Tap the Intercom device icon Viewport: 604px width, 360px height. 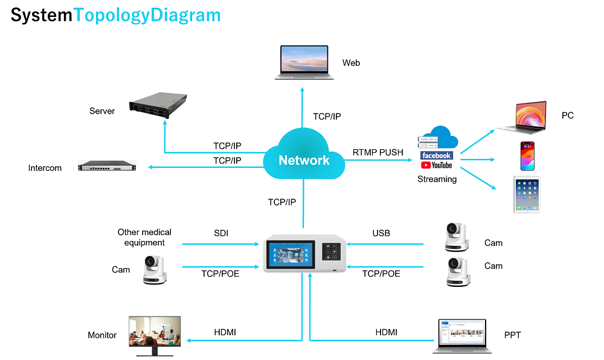107,166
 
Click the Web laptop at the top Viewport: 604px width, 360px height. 304,62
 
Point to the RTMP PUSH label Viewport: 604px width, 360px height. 377,153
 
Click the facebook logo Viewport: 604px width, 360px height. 436,156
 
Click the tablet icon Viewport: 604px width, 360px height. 527,194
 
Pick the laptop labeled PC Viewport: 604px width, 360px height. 522,117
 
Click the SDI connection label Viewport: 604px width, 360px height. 222,233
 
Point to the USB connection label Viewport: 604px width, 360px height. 381,233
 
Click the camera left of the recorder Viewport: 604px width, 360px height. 155,269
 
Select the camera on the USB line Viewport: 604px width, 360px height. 457,237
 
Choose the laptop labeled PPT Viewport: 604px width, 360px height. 460,336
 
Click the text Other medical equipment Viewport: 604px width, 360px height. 144,237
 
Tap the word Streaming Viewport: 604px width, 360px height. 437,179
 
